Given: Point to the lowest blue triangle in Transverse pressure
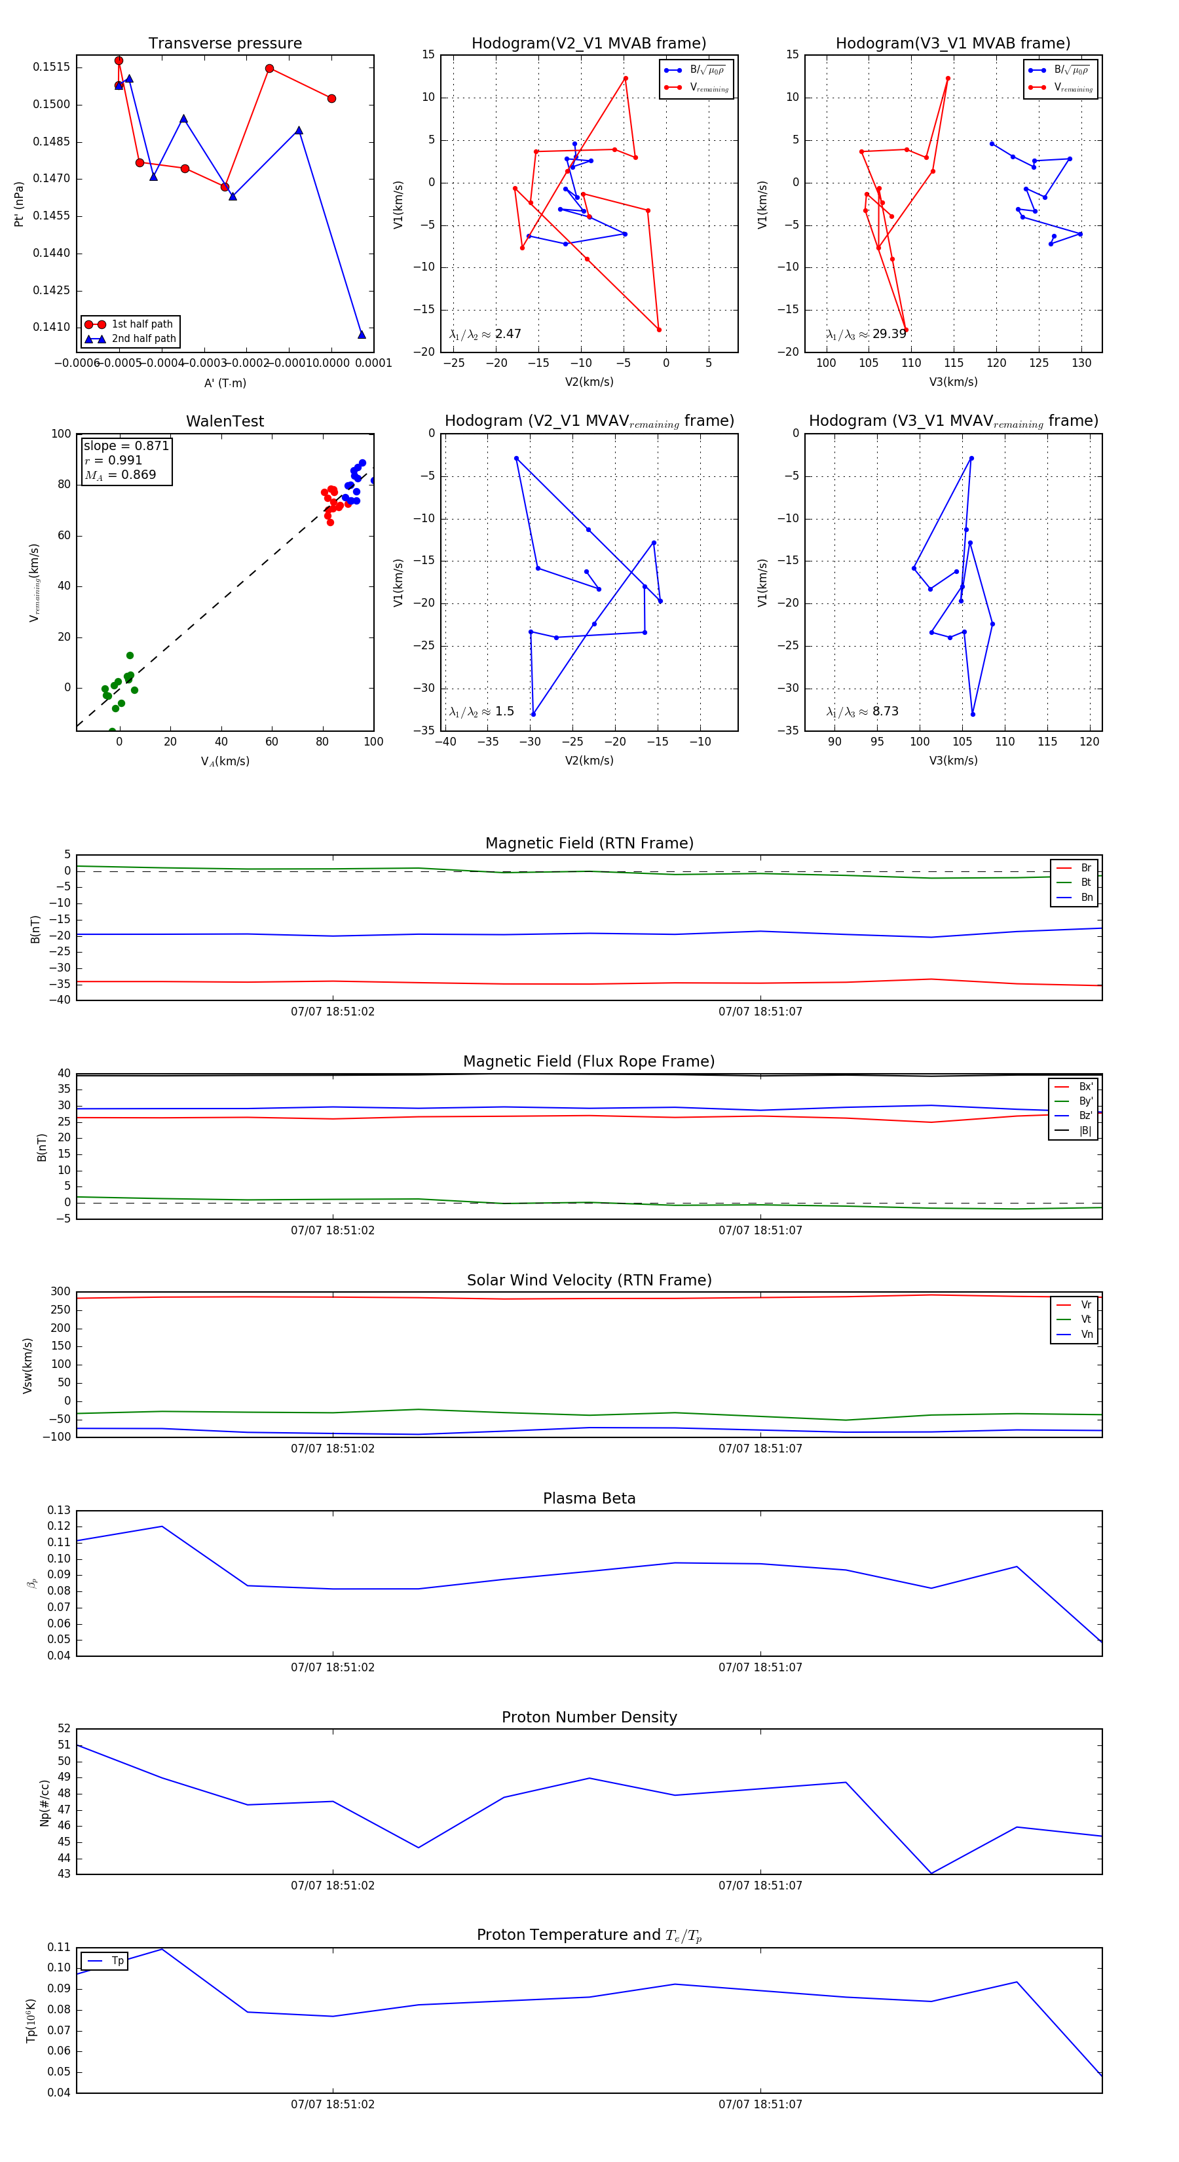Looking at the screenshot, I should [362, 335].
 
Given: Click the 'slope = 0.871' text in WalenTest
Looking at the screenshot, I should [126, 446].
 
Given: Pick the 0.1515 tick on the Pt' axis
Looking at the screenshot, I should [51, 67].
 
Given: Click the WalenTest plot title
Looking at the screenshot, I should [225, 421].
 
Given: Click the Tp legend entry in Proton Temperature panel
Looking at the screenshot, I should [117, 1961].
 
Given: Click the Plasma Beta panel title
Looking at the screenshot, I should [589, 1498].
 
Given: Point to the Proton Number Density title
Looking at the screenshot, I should [589, 1717].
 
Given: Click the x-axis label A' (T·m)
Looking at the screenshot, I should [225, 383].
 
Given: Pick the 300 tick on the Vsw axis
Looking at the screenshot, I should [60, 1292].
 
